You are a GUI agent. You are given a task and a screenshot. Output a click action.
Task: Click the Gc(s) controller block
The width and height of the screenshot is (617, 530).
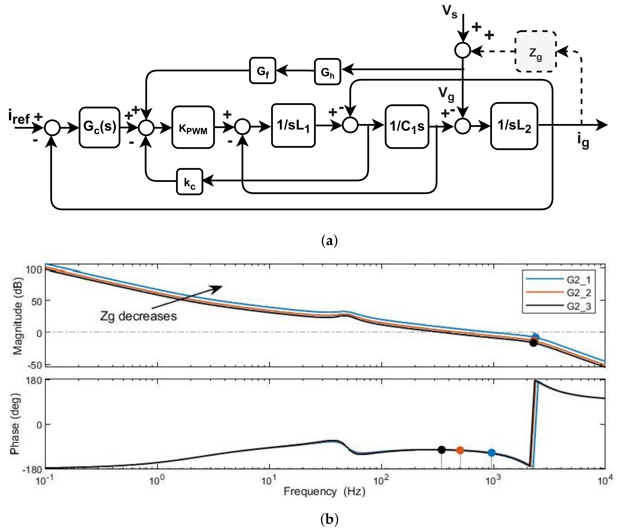[x=99, y=127]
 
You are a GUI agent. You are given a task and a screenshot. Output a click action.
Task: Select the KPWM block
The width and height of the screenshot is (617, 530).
[x=193, y=127]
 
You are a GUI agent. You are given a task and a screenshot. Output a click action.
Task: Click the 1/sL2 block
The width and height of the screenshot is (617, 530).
[x=514, y=126]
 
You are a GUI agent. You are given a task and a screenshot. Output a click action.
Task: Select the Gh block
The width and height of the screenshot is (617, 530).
[x=327, y=72]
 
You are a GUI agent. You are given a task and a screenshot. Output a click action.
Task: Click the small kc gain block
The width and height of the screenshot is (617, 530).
[x=190, y=182]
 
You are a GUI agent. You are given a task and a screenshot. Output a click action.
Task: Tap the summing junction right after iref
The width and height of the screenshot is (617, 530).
[x=52, y=128]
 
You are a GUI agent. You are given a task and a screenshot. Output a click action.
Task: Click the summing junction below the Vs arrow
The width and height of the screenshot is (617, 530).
[x=463, y=50]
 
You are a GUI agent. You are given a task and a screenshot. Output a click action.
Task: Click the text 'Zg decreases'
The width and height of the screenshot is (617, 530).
[x=138, y=316]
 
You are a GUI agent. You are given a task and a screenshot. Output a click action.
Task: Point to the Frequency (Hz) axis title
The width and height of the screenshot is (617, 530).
[x=324, y=491]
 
